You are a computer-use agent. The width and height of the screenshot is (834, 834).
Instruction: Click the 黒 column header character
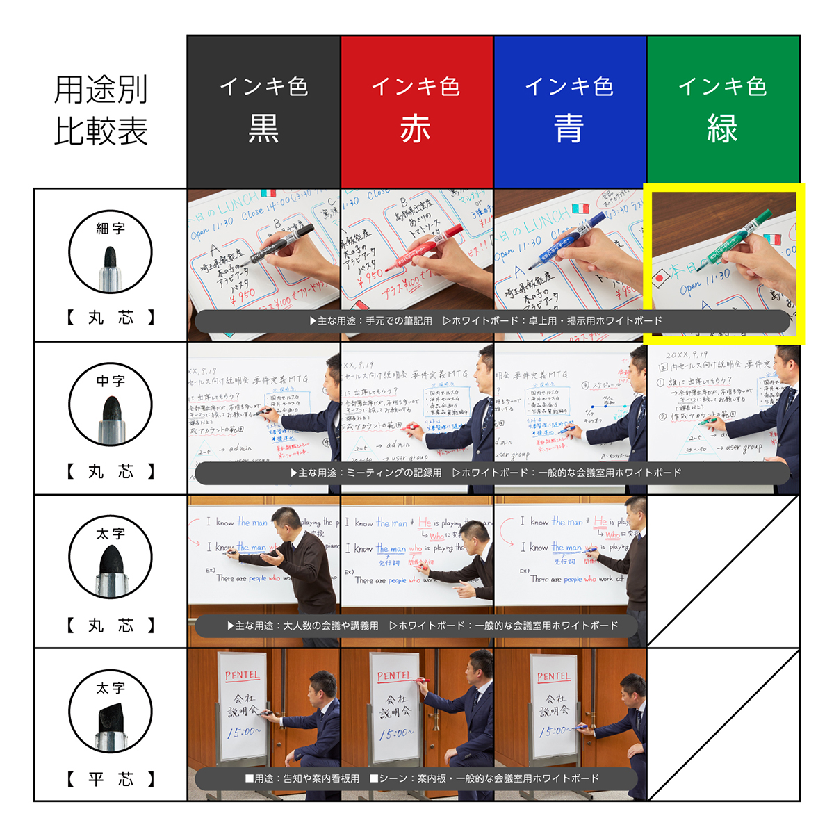point(263,129)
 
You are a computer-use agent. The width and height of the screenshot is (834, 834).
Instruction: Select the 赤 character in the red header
point(416,129)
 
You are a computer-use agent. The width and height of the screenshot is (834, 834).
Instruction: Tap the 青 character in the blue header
point(569,129)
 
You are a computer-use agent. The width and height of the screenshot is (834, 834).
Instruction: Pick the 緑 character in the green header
point(722,129)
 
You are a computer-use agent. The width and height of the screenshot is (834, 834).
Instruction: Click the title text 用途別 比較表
point(101,111)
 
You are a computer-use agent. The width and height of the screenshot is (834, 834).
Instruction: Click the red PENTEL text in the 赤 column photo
point(394,676)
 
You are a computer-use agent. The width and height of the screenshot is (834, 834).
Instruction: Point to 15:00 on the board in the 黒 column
point(243,732)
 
